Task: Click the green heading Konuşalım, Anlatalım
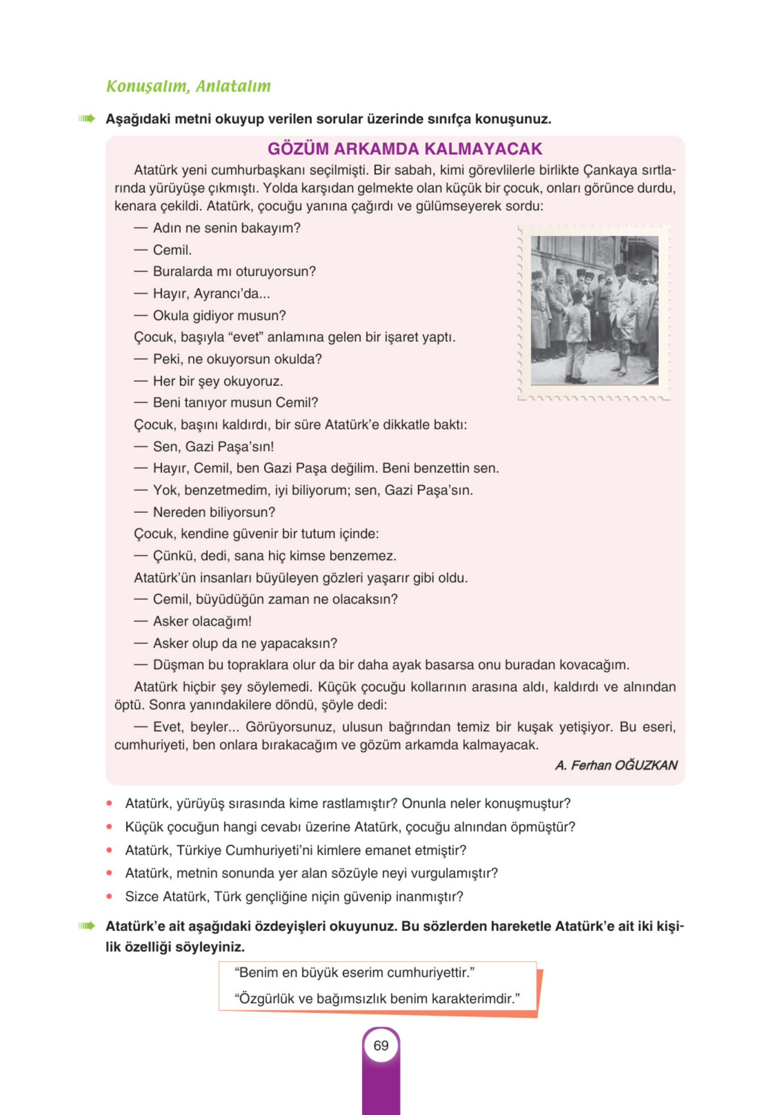(188, 86)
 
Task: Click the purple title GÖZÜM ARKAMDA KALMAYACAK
(405, 149)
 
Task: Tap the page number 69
(381, 1046)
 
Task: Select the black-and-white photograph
(594, 311)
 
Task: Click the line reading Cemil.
(172, 250)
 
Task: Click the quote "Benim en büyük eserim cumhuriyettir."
(354, 973)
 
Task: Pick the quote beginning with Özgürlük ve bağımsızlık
(377, 999)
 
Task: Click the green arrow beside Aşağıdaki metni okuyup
(87, 119)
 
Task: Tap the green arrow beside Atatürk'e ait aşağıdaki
(87, 926)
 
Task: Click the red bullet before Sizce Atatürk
(109, 896)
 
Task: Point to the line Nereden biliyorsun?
(214, 512)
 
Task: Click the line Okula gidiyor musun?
(219, 316)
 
